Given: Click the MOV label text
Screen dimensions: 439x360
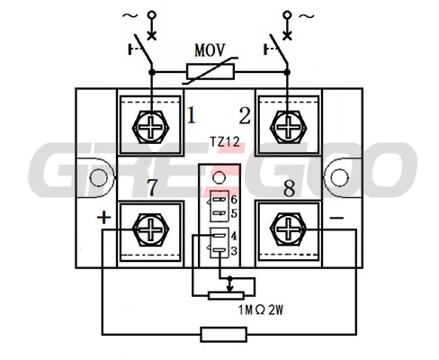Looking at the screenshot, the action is (x=210, y=50).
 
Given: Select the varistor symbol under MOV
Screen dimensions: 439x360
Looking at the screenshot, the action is (x=211, y=72).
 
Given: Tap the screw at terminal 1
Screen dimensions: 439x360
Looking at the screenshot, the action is (x=151, y=127).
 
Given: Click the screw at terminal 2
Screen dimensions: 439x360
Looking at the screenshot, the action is (x=288, y=127).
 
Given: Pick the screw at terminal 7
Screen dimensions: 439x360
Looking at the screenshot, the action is (x=151, y=229).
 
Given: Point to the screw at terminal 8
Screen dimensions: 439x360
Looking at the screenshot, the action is (x=288, y=229).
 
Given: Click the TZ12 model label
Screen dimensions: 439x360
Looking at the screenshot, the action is (x=225, y=141).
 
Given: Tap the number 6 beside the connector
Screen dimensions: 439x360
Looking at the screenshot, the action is (x=234, y=199).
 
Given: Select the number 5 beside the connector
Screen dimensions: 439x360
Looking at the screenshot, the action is (x=234, y=213).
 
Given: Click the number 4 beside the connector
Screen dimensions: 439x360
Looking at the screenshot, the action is (x=234, y=236).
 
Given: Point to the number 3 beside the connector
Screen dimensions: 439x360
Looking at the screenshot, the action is (x=234, y=250).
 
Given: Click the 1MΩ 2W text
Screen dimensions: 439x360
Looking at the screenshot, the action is (x=261, y=310).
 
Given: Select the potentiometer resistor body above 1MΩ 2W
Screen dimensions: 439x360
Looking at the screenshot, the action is (x=226, y=295).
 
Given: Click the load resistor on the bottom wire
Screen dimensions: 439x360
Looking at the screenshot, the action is (x=224, y=334).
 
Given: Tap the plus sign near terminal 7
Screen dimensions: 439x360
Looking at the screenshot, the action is (x=104, y=218).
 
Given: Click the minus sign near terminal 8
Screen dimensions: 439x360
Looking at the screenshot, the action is (x=336, y=218).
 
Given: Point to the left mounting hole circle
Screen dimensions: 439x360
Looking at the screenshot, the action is (x=98, y=177).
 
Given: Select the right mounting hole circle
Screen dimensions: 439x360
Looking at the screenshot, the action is (x=340, y=177).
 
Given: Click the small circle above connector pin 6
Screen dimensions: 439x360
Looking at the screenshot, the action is (x=219, y=177).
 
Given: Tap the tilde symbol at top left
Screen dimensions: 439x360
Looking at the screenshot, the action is (x=130, y=15).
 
